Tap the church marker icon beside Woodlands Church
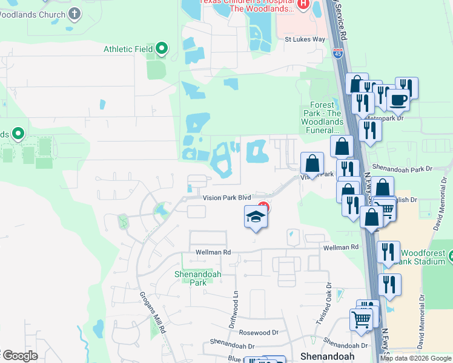coord(74,13)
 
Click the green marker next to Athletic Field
coord(162,49)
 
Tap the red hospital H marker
coord(303,5)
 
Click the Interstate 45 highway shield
coord(337,54)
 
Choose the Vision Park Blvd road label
coord(226,197)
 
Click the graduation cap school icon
coord(256,217)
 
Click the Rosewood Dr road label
coord(258,332)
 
